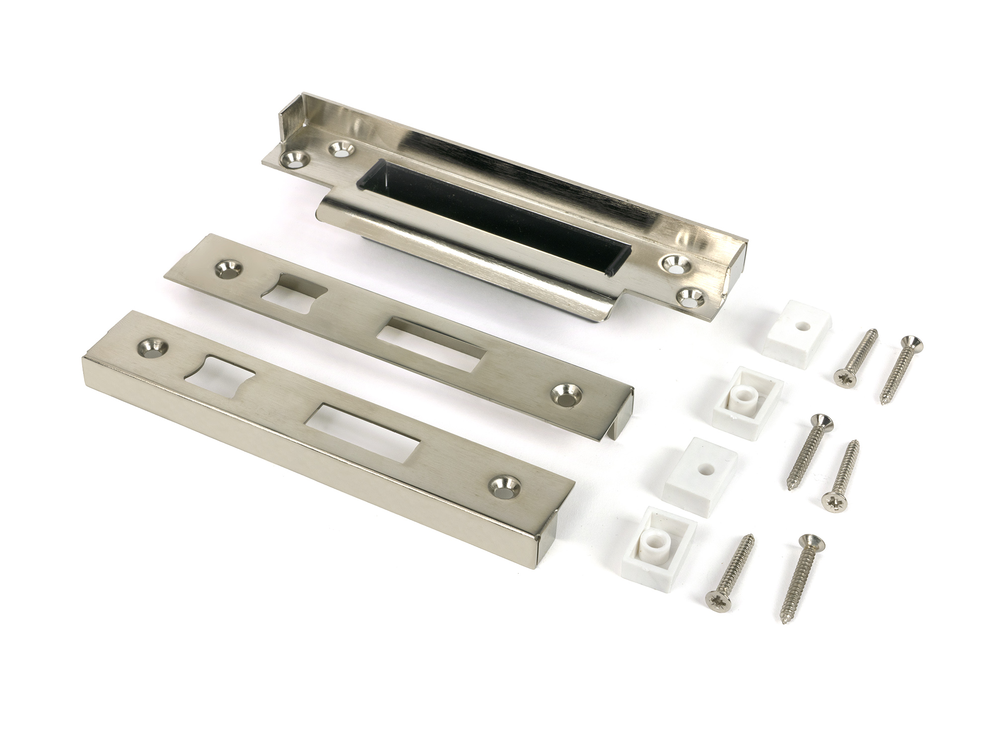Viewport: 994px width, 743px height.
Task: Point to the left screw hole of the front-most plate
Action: point(151,348)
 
